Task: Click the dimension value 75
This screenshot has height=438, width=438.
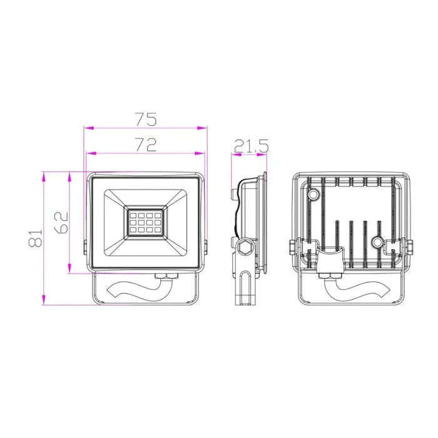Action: point(146,119)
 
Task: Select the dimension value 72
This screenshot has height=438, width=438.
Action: point(146,144)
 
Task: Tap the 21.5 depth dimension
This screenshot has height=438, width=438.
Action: point(251,146)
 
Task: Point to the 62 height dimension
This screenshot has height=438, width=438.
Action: point(61,222)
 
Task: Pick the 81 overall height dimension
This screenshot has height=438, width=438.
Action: point(35,238)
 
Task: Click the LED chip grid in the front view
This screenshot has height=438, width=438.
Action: point(145,223)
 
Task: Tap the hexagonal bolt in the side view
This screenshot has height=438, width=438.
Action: point(245,247)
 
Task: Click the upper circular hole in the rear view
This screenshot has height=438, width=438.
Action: point(313,193)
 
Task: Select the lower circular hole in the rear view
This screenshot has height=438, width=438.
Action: point(377,242)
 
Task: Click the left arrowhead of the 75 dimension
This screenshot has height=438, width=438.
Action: point(89,128)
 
